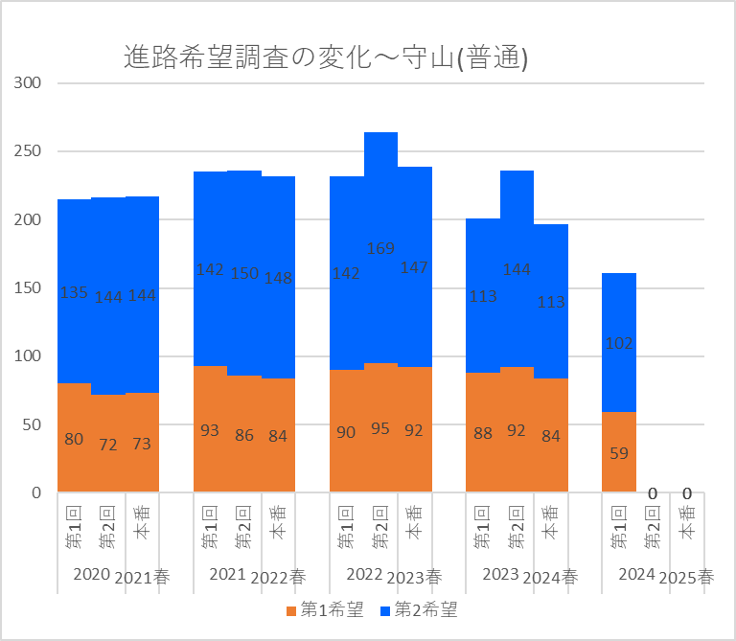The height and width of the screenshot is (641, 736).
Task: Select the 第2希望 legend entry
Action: (419, 609)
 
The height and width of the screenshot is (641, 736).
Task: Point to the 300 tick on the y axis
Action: (29, 83)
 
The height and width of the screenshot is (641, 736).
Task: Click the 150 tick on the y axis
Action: (29, 288)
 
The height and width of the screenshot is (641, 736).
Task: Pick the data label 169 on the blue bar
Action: (380, 249)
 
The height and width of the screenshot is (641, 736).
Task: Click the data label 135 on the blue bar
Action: (74, 292)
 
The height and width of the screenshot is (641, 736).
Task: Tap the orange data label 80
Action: (74, 440)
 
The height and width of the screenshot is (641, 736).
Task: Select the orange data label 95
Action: (380, 428)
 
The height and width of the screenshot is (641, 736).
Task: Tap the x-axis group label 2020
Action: (92, 574)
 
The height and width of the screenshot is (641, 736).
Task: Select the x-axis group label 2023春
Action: (413, 578)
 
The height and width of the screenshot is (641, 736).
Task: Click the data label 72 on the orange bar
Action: (108, 446)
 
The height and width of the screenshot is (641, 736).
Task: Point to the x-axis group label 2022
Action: (364, 574)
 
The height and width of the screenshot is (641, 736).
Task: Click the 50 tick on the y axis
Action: (33, 425)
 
